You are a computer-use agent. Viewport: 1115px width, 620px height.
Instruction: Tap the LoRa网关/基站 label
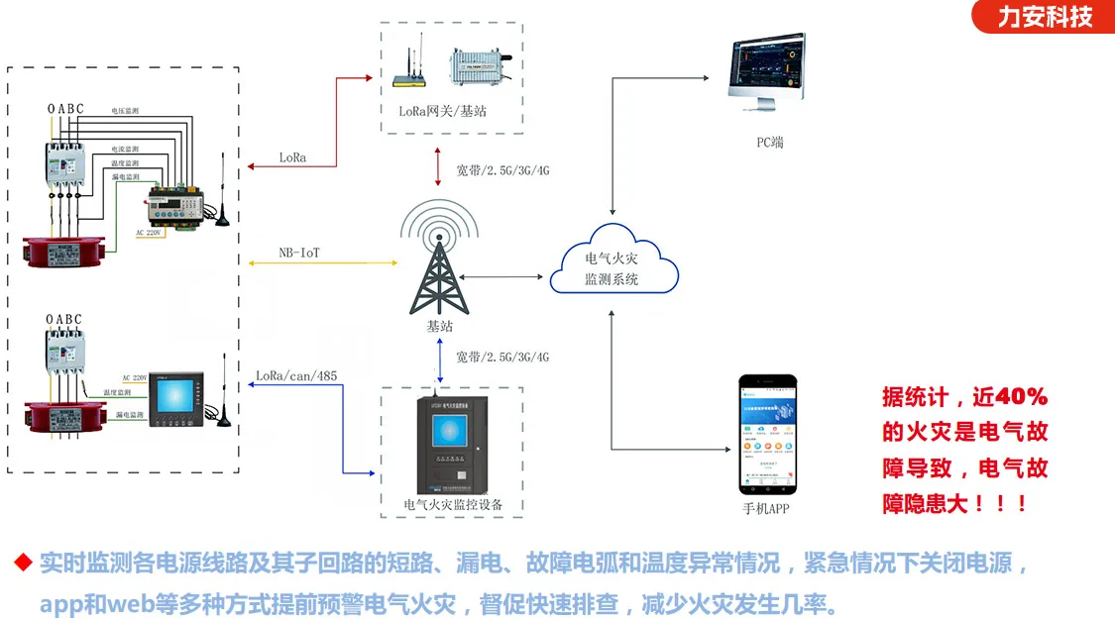(x=443, y=111)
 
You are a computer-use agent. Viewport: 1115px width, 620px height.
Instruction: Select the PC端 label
(x=769, y=142)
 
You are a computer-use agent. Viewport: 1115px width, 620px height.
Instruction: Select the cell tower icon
(x=437, y=262)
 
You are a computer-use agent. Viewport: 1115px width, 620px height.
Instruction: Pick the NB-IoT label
(x=299, y=254)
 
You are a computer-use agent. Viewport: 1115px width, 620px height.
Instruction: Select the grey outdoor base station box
(x=479, y=67)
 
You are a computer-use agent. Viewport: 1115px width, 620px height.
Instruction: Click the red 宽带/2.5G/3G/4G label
(x=502, y=170)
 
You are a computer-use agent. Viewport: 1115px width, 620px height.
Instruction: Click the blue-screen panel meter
(x=175, y=399)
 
